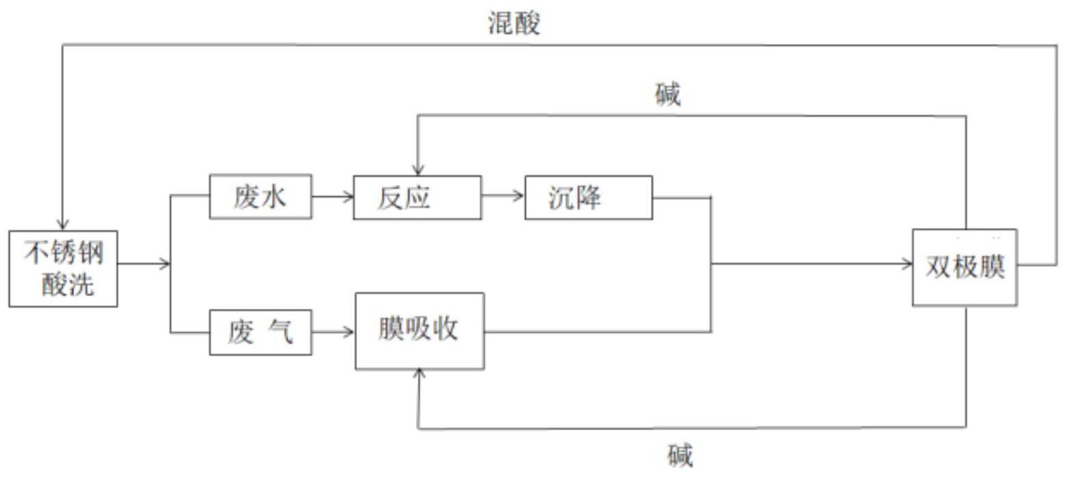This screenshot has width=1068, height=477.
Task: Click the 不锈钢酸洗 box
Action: (63, 268)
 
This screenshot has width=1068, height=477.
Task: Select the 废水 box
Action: (260, 197)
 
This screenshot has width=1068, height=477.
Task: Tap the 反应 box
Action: (417, 197)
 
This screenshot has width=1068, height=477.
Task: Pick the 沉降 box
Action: (588, 197)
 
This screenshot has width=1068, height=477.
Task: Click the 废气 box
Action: (260, 333)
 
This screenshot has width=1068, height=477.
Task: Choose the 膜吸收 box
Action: (419, 330)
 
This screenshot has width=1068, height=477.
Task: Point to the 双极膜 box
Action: (964, 267)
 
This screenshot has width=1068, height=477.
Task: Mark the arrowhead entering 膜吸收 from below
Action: (419, 373)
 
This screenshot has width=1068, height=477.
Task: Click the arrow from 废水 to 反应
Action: (332, 197)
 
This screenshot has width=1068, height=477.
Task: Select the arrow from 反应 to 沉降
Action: (502, 197)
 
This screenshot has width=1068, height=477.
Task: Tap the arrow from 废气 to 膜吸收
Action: (333, 333)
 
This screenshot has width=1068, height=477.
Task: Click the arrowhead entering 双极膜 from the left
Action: (907, 264)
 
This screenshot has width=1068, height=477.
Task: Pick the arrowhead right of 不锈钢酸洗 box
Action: (165, 264)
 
